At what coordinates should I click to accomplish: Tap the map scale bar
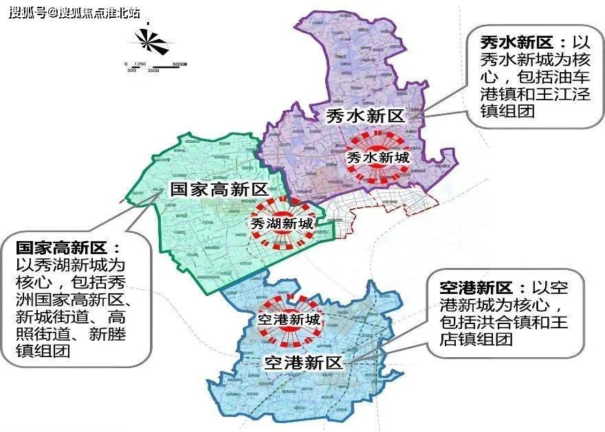tap(157, 67)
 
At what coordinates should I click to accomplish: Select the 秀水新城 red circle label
tap(377, 158)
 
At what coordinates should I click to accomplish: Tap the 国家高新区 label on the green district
tap(219, 190)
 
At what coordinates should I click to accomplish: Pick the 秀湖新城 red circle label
tap(280, 223)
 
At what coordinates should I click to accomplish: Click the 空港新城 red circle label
tap(288, 319)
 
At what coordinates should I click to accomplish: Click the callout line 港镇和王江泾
tap(530, 95)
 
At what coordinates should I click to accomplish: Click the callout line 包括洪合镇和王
tap(503, 322)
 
